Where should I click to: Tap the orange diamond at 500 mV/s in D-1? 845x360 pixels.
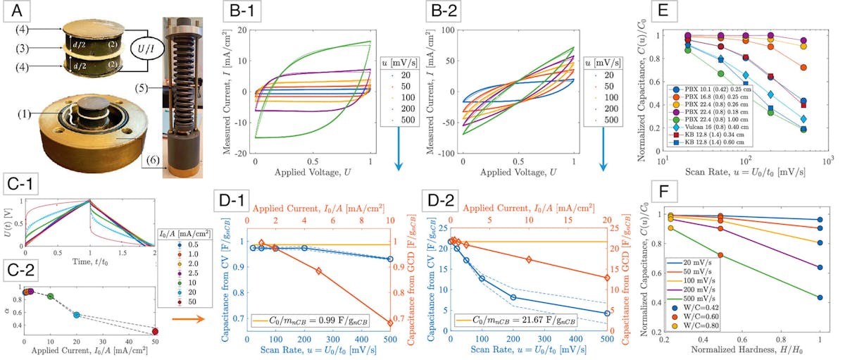[390, 323]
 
